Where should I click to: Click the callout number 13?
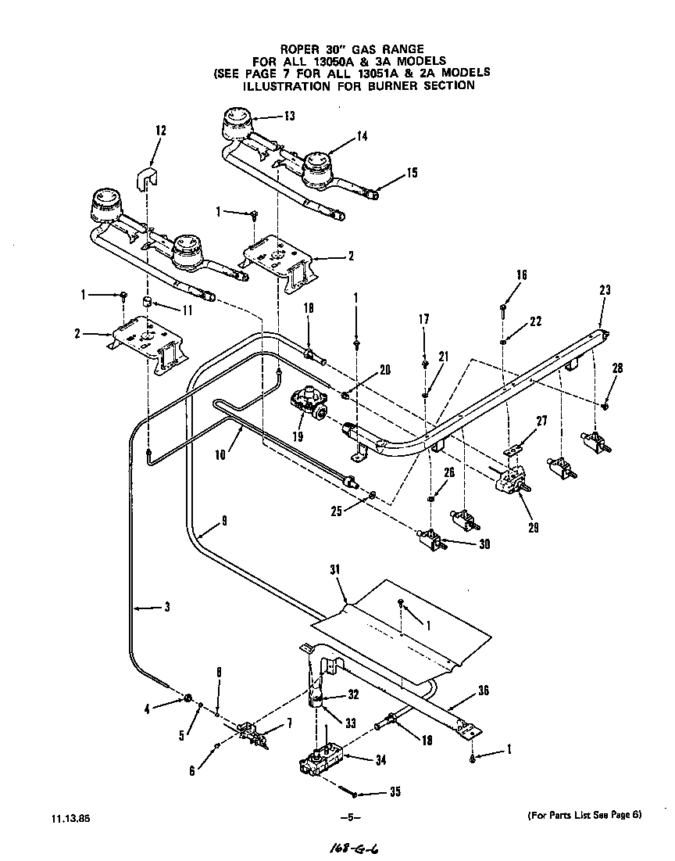click(x=290, y=117)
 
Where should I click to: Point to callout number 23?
click(x=604, y=289)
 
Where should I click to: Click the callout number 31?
click(x=336, y=570)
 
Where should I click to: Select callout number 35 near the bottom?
click(x=395, y=792)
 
